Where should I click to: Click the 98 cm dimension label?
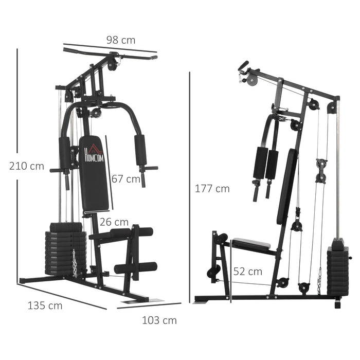click(x=121, y=40)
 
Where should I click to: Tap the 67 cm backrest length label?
click(x=125, y=179)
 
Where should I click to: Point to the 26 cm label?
click(x=114, y=222)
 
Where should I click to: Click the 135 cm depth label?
click(x=45, y=305)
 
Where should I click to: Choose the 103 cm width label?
click(x=159, y=320)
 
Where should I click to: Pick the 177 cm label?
click(x=212, y=189)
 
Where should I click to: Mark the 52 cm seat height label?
click(x=247, y=271)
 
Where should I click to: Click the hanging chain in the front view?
click(x=75, y=263)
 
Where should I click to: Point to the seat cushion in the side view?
click(x=250, y=245)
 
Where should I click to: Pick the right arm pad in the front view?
click(x=139, y=150)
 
